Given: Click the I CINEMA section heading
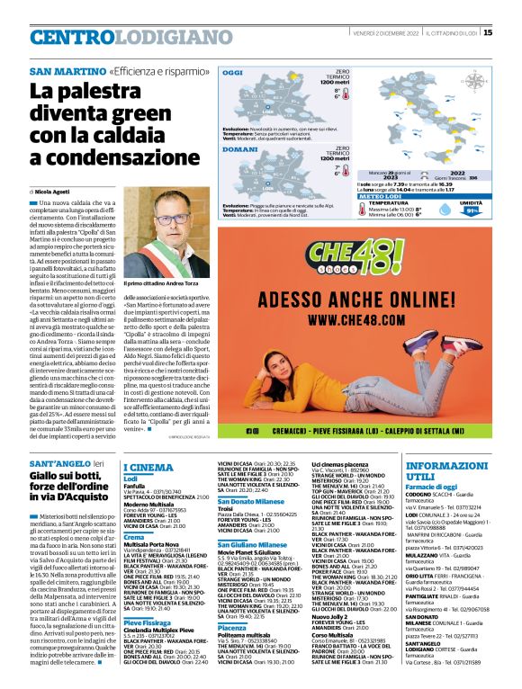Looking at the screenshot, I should pyautogui.click(x=148, y=467).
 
